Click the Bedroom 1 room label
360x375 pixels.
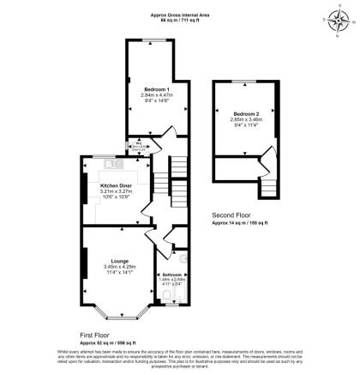coord(155,89)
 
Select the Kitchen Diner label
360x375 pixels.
coord(117,185)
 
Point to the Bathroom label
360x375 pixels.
coord(171,275)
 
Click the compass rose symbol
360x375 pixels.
coord(333,17)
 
